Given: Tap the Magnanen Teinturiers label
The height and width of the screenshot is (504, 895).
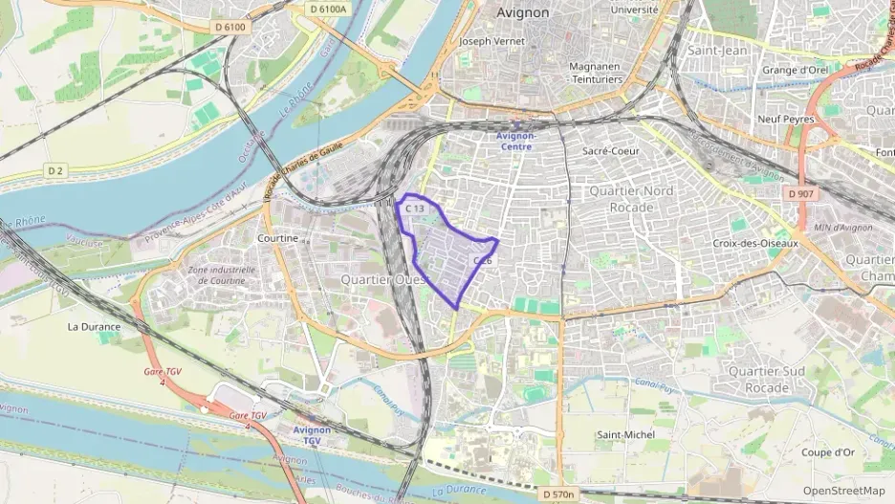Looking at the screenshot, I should [596, 73].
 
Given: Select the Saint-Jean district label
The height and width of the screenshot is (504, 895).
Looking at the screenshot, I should [716, 50].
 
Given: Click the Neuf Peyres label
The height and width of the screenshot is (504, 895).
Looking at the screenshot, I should [785, 120].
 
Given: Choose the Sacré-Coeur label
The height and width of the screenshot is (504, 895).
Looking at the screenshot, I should [610, 151].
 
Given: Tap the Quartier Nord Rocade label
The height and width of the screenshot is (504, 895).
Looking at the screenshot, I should [631, 198].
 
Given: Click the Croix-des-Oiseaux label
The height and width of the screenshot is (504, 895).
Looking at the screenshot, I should [750, 243].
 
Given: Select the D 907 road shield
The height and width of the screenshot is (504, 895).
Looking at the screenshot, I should [800, 194].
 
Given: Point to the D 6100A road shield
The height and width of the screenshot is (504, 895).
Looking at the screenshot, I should [329, 9].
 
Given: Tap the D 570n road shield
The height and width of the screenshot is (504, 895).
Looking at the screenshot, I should [557, 494].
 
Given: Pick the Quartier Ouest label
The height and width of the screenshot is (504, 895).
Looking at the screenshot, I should [385, 278].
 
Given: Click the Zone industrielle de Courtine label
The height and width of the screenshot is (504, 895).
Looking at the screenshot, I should [223, 275].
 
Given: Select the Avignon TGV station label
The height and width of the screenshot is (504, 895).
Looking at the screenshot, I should [312, 435].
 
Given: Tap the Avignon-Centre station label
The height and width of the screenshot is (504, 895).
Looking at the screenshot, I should [517, 141].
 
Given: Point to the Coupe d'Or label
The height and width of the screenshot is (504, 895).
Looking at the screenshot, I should [828, 452].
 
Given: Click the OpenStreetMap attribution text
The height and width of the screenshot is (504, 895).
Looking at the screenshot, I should [844, 491].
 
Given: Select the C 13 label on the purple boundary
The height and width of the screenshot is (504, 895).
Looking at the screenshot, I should [414, 208].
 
